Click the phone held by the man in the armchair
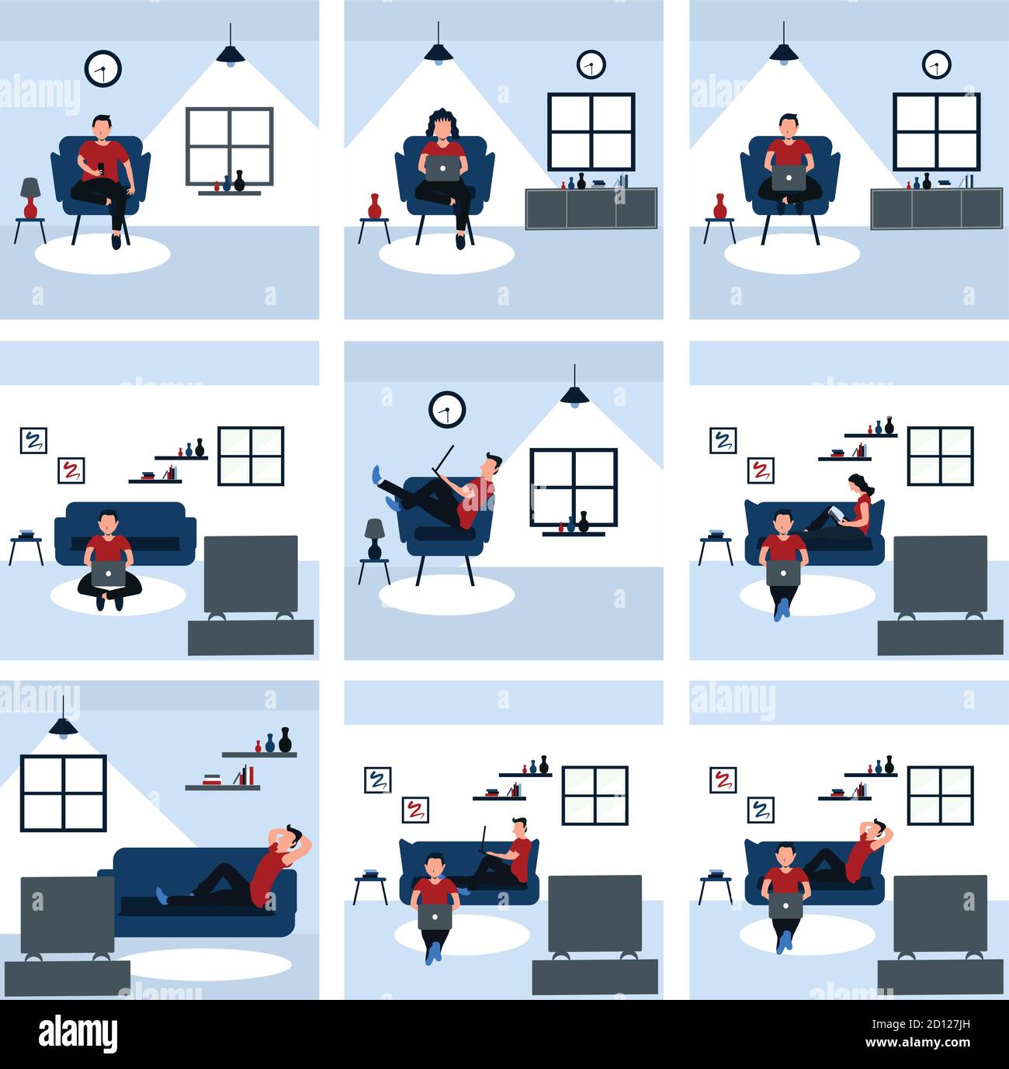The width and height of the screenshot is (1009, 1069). pyautogui.click(x=101, y=167)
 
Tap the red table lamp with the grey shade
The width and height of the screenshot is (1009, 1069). pyautogui.click(x=30, y=197)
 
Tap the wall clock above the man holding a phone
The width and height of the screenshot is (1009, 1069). pyautogui.click(x=102, y=68)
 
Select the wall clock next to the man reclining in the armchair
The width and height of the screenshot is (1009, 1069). pyautogui.click(x=447, y=409)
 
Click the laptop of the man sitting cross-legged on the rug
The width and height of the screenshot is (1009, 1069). pyautogui.click(x=108, y=575)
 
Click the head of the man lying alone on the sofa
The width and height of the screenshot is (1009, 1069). pyautogui.click(x=291, y=839)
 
